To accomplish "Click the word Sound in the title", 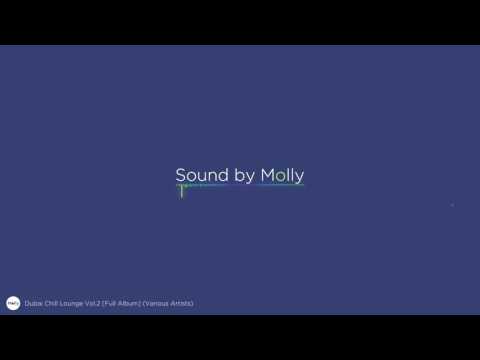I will click(202, 175).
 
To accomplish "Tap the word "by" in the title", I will click(245, 176).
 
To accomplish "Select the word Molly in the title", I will click(282, 175).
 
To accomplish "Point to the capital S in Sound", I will click(181, 175).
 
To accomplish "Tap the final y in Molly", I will click(299, 178).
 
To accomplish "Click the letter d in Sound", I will click(224, 175).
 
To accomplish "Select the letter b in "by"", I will click(239, 175).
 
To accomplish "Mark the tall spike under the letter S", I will click(181, 192).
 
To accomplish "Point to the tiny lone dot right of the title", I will click(452, 205).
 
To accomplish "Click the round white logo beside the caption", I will click(13, 302).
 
